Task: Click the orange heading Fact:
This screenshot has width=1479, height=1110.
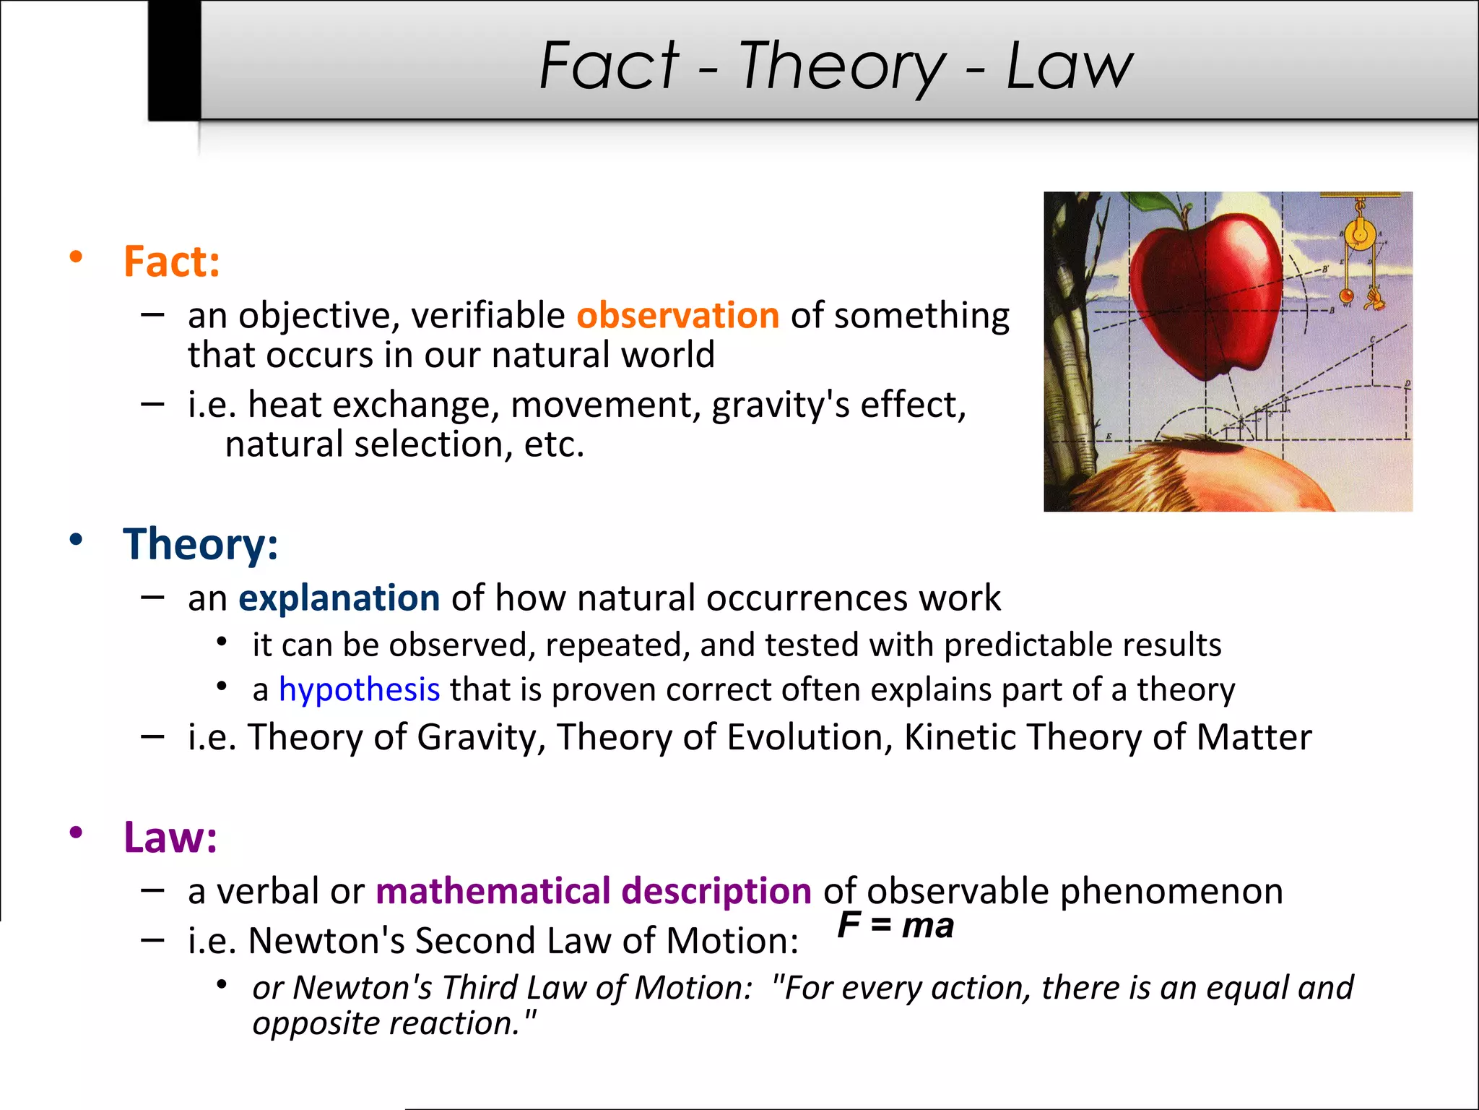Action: [171, 261]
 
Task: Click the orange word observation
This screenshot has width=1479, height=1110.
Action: [677, 315]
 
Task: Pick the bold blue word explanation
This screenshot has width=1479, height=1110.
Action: [339, 598]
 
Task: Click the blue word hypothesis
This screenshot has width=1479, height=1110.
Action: [359, 689]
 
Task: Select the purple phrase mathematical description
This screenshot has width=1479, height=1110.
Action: [594, 890]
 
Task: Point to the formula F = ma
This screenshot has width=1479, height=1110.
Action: [895, 926]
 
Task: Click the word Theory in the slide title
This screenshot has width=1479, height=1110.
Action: [841, 66]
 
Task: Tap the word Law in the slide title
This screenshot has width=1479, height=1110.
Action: [1069, 66]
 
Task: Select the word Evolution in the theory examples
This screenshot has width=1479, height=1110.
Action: [810, 737]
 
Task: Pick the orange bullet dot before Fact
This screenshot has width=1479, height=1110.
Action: [76, 257]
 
